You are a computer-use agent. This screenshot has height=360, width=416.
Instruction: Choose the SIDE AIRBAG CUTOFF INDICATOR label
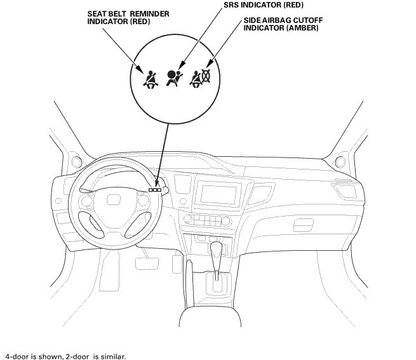coord(283,25)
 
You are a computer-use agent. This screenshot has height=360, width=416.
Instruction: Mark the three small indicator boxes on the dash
coord(156,189)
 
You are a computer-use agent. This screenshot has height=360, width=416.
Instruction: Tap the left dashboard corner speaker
coord(76,159)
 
